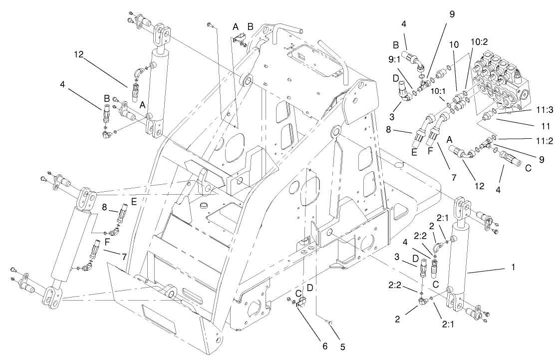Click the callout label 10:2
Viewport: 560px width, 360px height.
480,43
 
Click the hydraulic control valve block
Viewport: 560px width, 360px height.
504,80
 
